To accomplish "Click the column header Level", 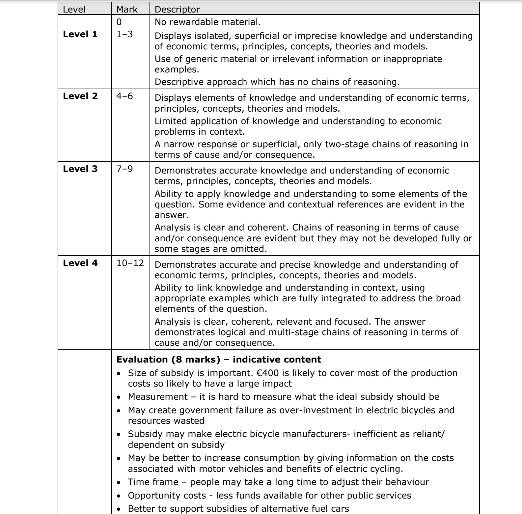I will point(74,9).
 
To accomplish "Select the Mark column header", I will point(127,9).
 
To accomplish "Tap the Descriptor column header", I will point(177,9).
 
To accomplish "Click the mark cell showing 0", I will point(119,22).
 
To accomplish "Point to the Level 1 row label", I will point(80,34).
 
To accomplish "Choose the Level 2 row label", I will point(80,96).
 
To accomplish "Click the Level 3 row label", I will point(80,169).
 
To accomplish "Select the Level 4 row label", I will point(80,263).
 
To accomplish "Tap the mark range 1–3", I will point(124,34).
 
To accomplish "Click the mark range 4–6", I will point(124,96).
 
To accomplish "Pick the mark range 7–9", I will point(124,169).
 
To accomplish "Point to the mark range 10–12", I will point(130,263).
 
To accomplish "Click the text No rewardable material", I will point(207,22).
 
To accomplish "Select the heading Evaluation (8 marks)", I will point(168,359).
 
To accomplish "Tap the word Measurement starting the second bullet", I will point(158,397).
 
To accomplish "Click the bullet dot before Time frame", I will point(119,482).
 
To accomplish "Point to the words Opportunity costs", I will point(167,496).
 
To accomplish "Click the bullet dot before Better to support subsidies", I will point(119,509).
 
